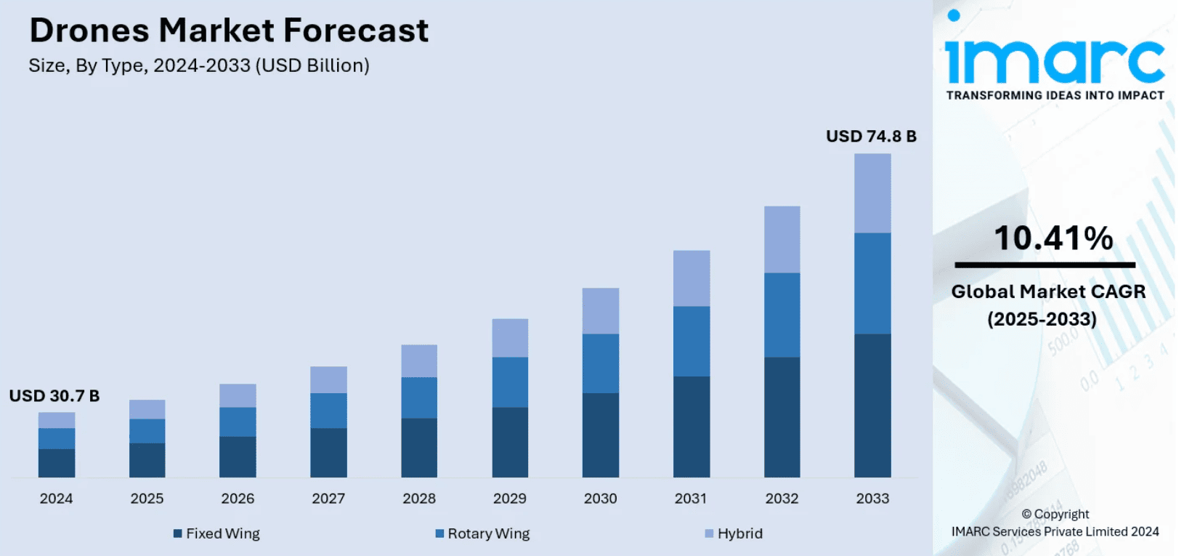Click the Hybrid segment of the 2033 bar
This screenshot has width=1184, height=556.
click(x=872, y=193)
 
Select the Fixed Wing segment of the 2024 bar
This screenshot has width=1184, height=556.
click(x=57, y=463)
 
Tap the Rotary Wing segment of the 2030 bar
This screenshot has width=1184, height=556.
click(x=601, y=363)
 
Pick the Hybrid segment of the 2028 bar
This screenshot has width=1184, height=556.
click(x=419, y=361)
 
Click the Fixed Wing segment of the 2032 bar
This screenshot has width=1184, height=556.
click(x=782, y=417)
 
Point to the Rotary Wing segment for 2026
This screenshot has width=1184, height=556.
click(x=238, y=422)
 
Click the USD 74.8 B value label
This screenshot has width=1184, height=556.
click(x=871, y=137)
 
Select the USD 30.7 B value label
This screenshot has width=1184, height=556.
click(x=54, y=396)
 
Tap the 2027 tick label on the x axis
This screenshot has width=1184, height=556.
click(x=328, y=499)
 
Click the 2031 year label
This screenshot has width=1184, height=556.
click(x=690, y=499)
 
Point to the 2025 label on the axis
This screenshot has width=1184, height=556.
click(x=147, y=499)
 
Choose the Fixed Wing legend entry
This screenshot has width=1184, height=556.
click(x=216, y=533)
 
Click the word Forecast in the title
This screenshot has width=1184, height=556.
click(x=356, y=31)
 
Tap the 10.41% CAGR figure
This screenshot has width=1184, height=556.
click(x=1053, y=238)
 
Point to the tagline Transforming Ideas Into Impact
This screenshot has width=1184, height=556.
click(x=1055, y=95)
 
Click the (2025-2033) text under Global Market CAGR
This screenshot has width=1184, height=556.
click(x=1042, y=319)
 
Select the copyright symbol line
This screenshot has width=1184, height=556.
click(x=1055, y=514)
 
